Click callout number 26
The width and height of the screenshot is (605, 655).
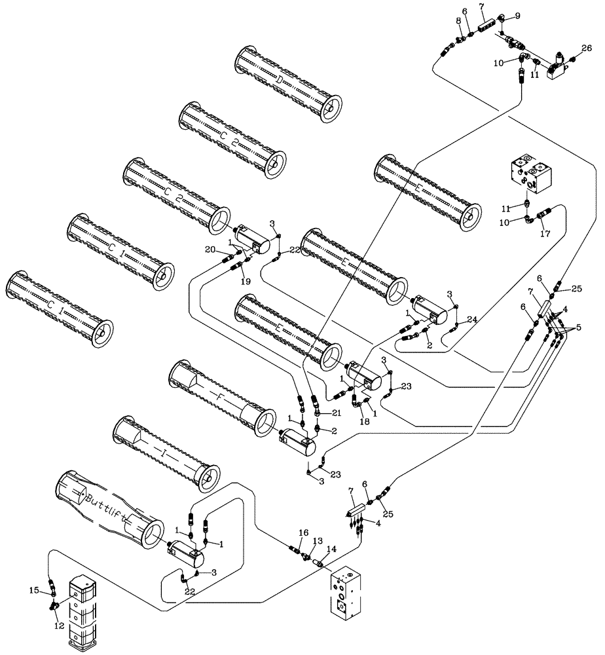[x=586, y=48]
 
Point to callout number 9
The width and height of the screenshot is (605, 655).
[x=517, y=16]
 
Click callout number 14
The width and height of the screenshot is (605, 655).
[x=331, y=548]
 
